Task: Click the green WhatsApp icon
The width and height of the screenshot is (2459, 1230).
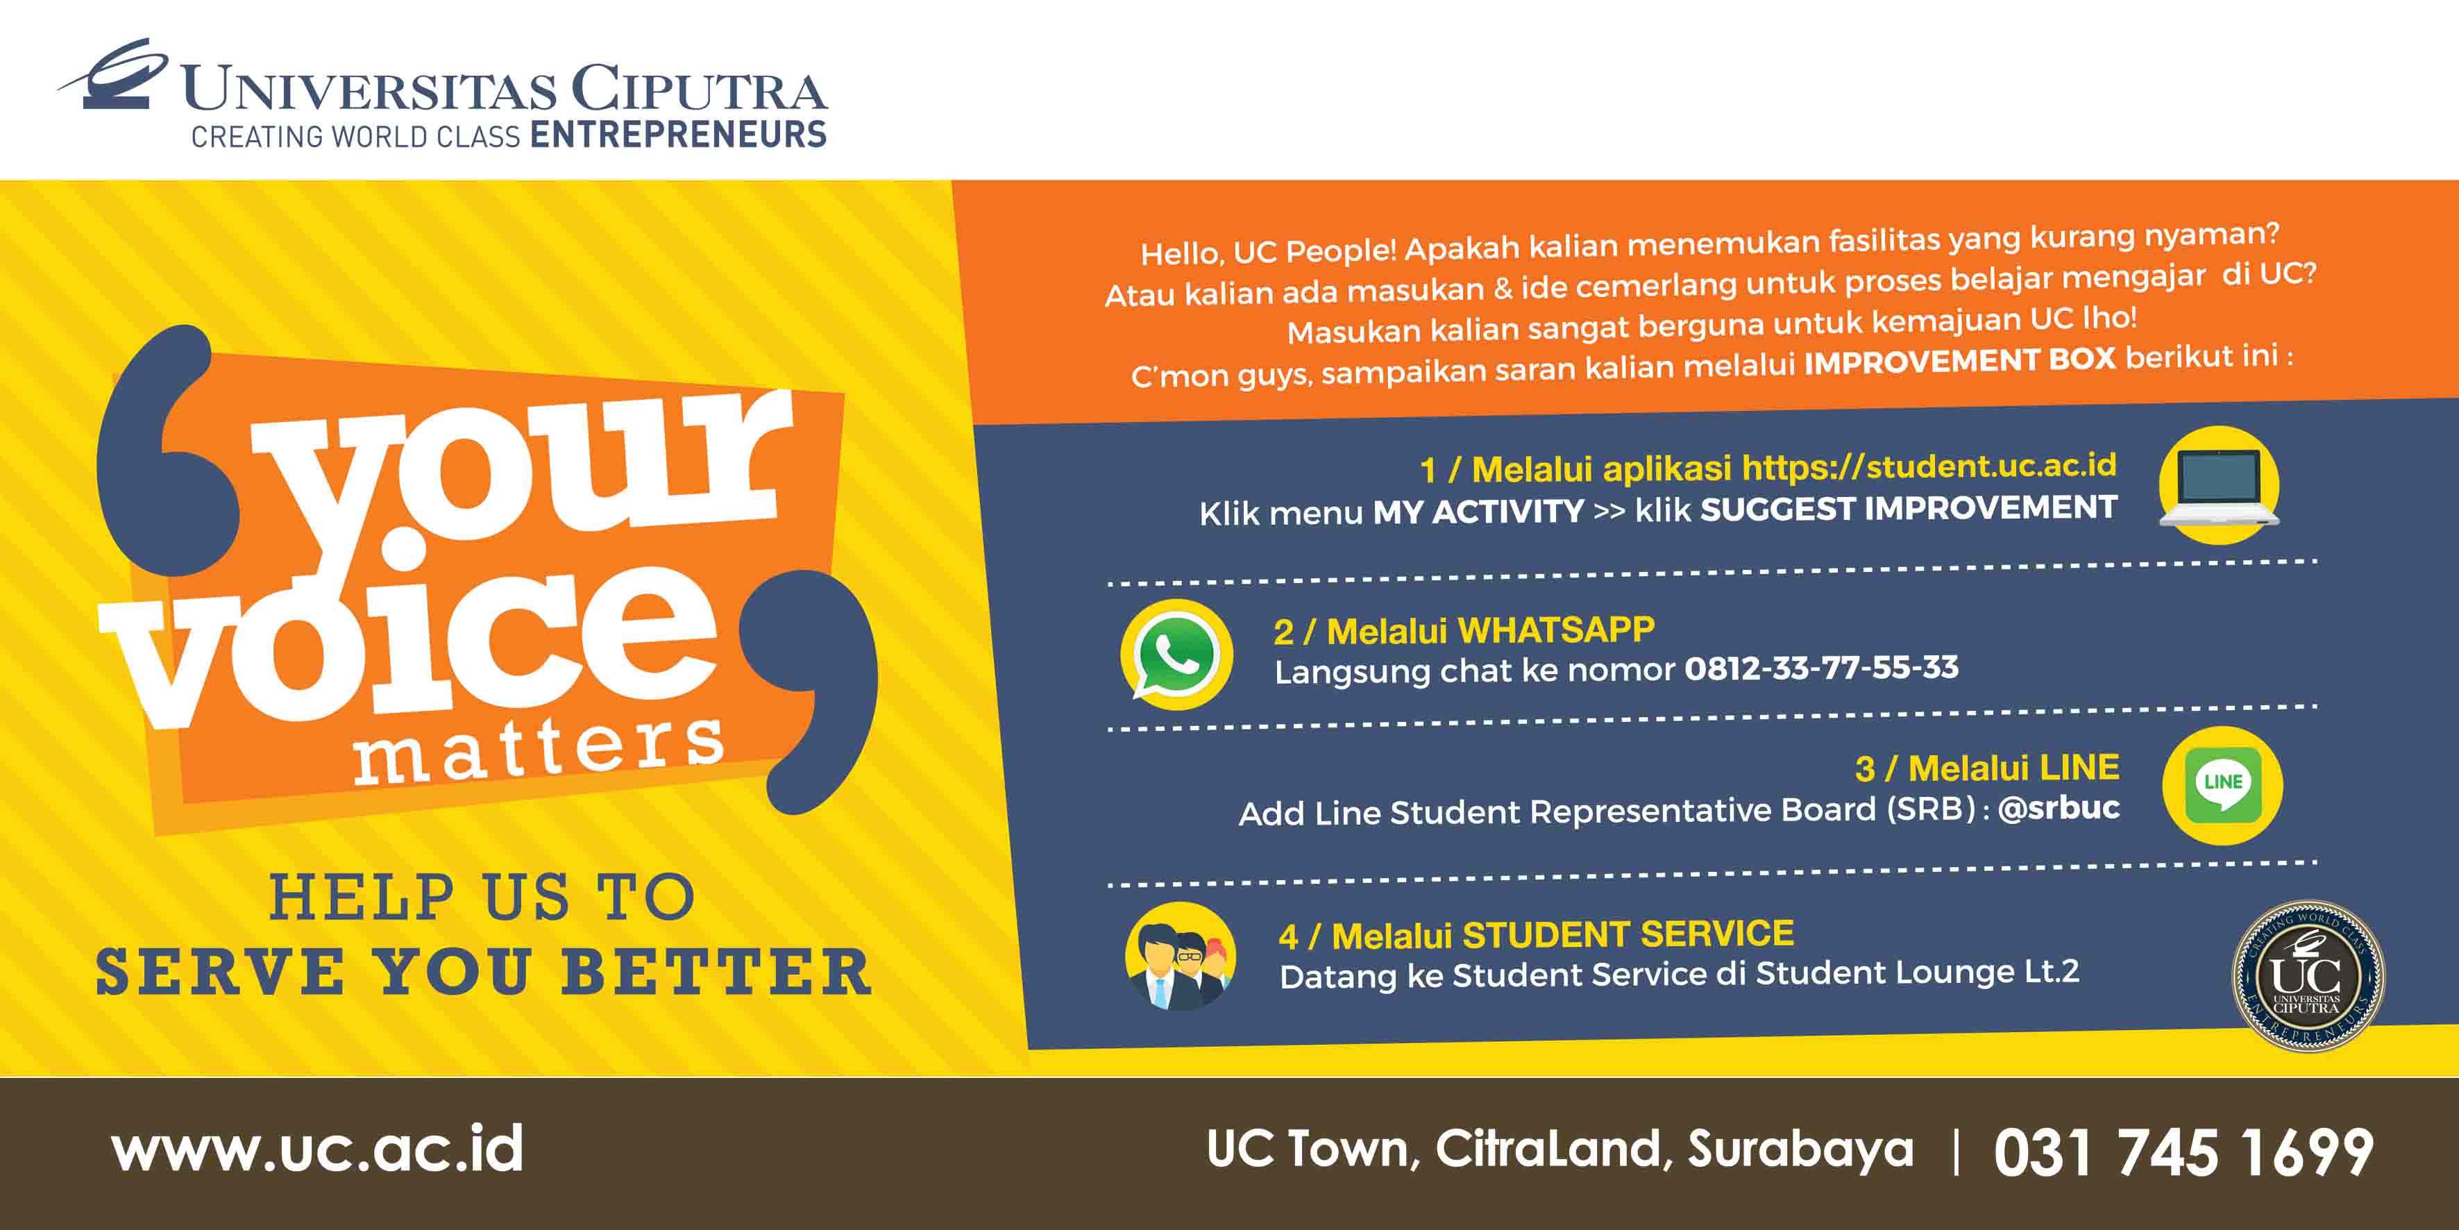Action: pos(1176,656)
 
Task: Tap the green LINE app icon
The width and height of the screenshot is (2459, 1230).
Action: pos(2222,785)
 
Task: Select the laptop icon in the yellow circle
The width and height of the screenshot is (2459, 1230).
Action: pos(2218,485)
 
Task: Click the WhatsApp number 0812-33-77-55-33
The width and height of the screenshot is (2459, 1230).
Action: pos(1821,666)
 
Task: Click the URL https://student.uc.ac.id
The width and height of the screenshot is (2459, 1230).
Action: pos(1929,466)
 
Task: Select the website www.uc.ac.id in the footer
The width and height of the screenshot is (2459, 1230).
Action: pos(318,1149)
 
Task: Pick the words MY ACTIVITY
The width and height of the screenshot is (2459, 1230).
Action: pos(1478,512)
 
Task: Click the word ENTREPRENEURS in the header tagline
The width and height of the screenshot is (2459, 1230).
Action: pos(678,135)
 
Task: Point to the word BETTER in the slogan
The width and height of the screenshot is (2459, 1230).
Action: pos(716,972)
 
